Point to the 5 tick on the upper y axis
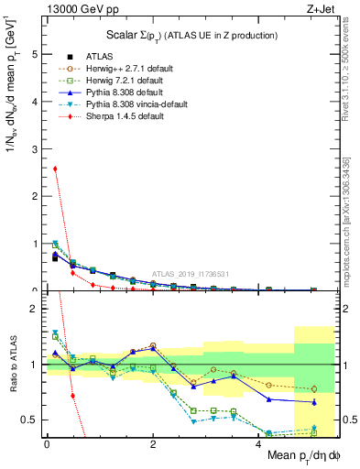tap(36, 54)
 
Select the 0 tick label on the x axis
tap(47, 444)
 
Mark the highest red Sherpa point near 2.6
tap(56, 169)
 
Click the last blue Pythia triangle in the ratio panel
tap(314, 402)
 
